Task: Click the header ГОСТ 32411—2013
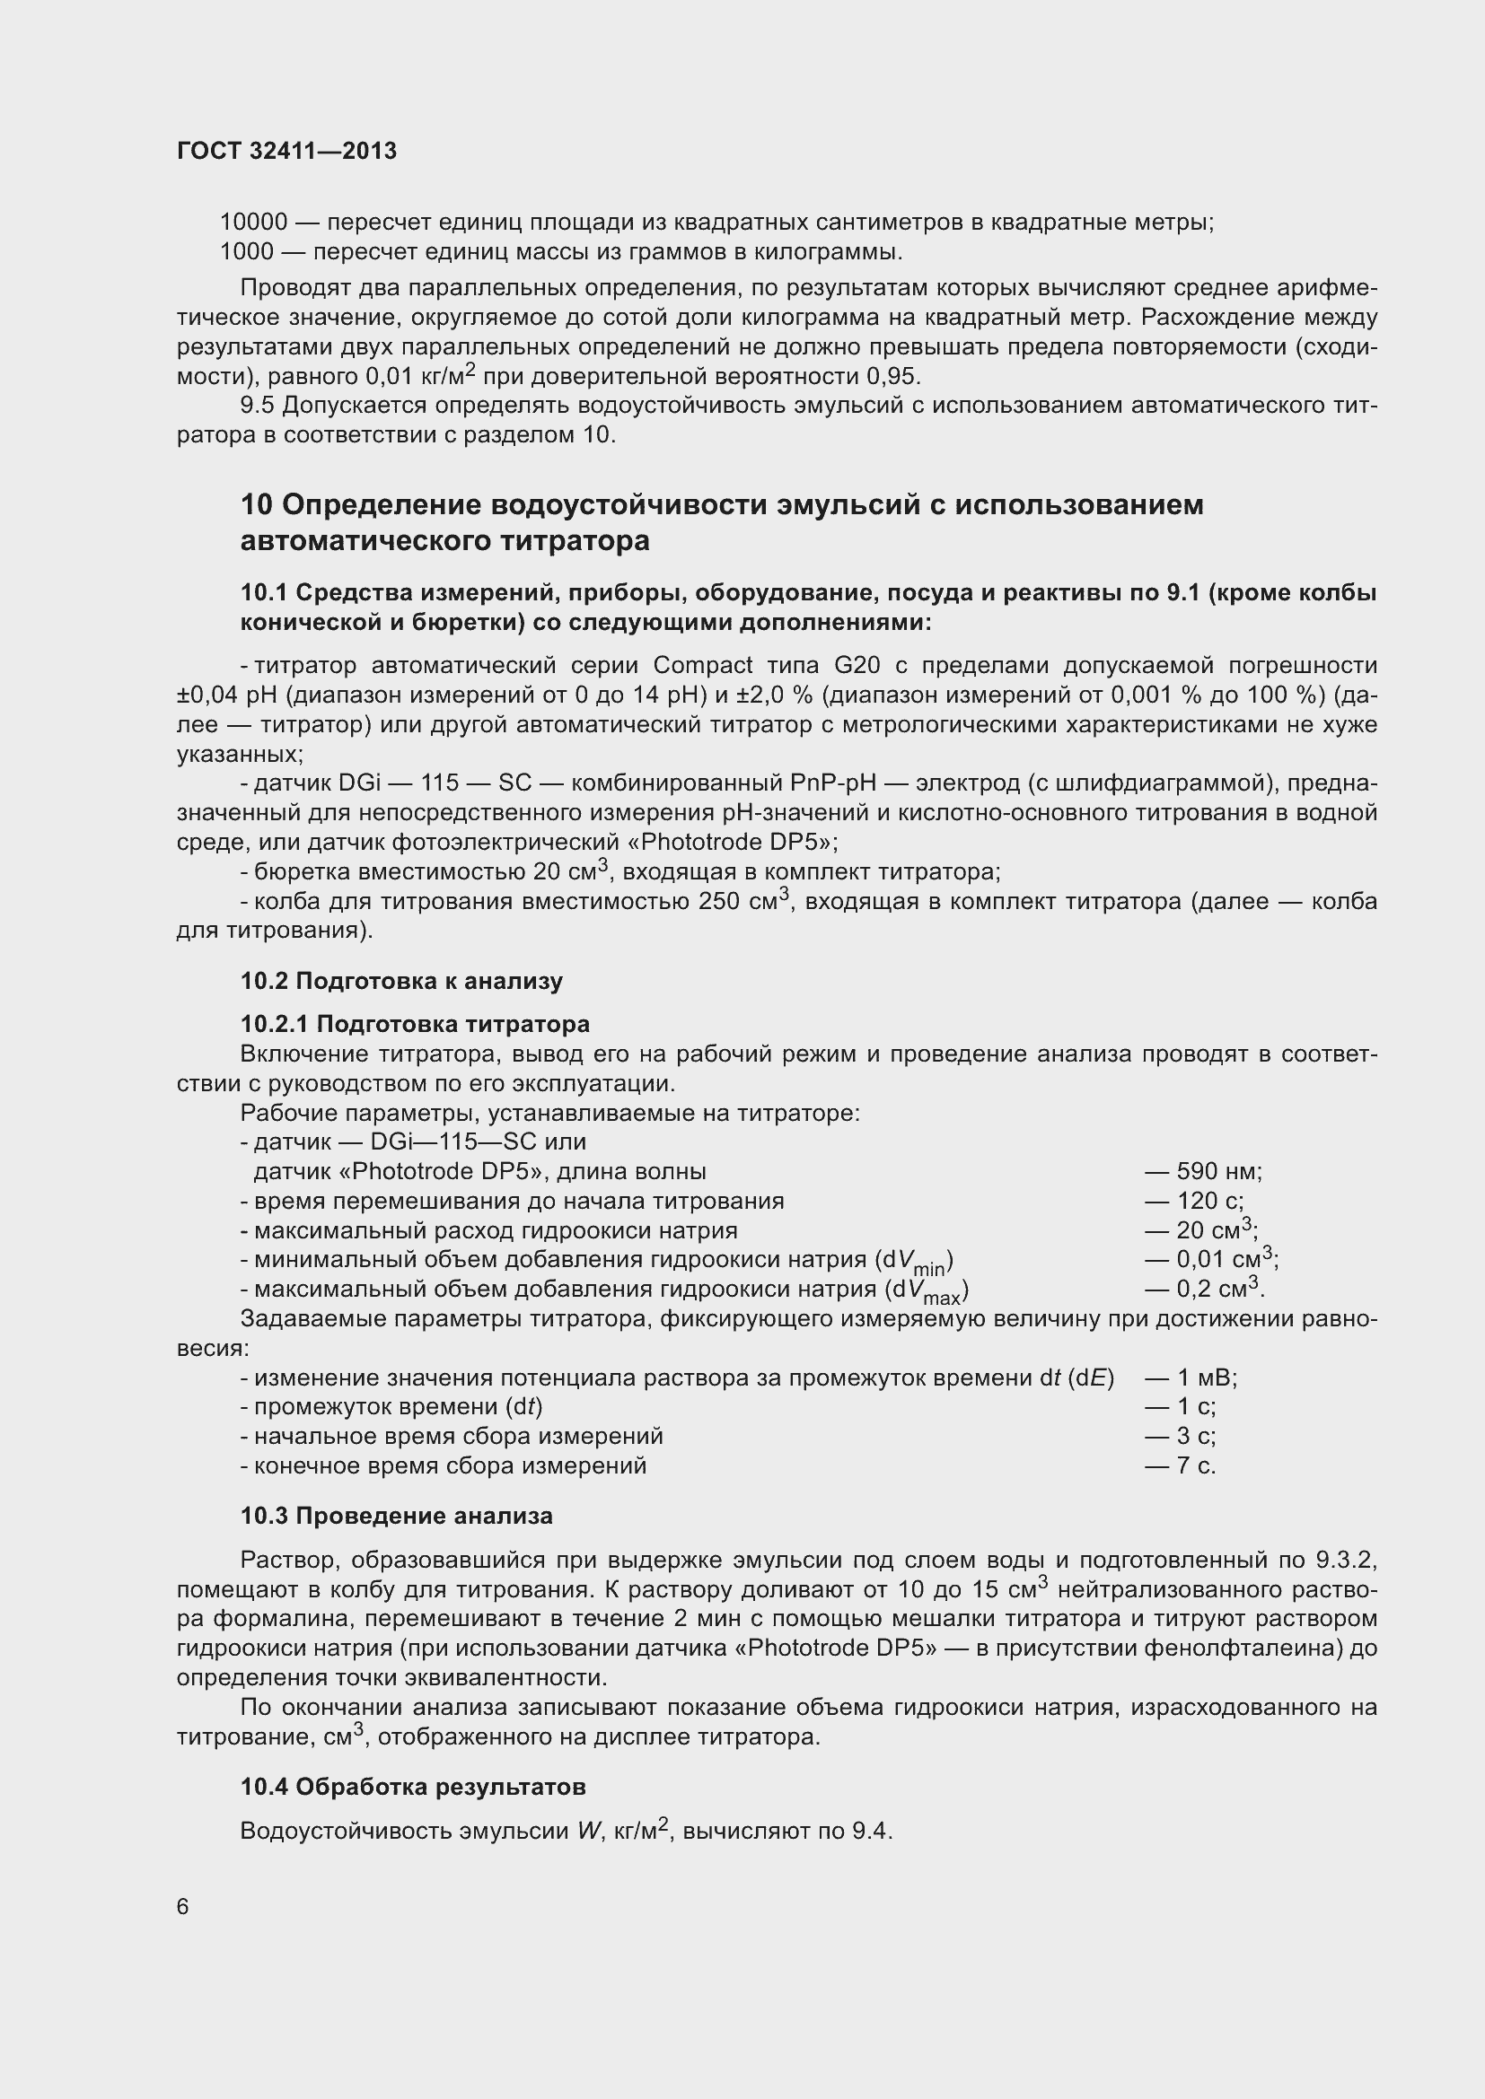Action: (x=286, y=151)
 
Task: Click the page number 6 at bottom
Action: (x=183, y=1906)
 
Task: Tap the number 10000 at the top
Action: (x=253, y=223)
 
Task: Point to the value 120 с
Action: (x=1208, y=1201)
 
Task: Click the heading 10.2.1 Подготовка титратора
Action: (x=414, y=1023)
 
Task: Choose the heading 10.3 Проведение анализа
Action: (x=396, y=1516)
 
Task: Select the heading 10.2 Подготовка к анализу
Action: (x=401, y=981)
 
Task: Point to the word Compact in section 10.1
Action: (x=702, y=665)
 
